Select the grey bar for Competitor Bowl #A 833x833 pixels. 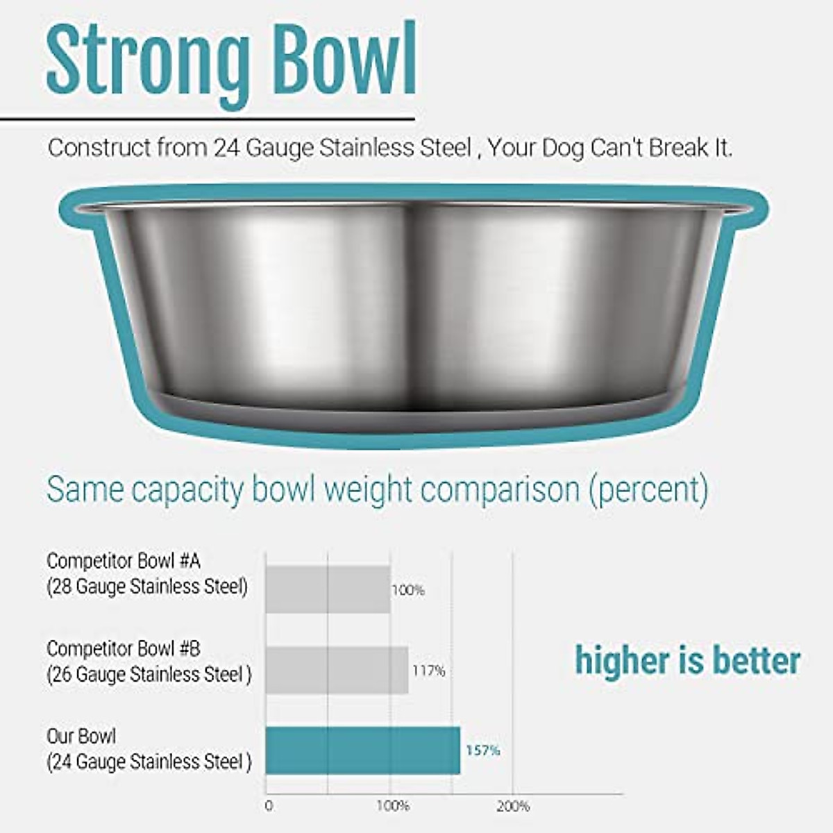pyautogui.click(x=328, y=589)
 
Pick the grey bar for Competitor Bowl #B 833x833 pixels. pyautogui.click(x=337, y=670)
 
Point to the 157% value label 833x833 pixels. pyautogui.click(x=482, y=750)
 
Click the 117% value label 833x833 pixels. pyautogui.click(x=428, y=671)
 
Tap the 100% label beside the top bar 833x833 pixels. pyautogui.click(x=408, y=591)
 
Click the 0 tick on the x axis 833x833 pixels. pyautogui.click(x=269, y=806)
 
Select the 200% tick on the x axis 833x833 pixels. pyautogui.click(x=513, y=806)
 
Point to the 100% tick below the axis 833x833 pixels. pyautogui.click(x=392, y=806)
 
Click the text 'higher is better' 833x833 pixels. pyautogui.click(x=687, y=660)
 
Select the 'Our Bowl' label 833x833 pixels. pyautogui.click(x=81, y=736)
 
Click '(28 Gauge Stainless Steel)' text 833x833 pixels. pyautogui.click(x=147, y=587)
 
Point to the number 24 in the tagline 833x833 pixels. pyautogui.click(x=227, y=148)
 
